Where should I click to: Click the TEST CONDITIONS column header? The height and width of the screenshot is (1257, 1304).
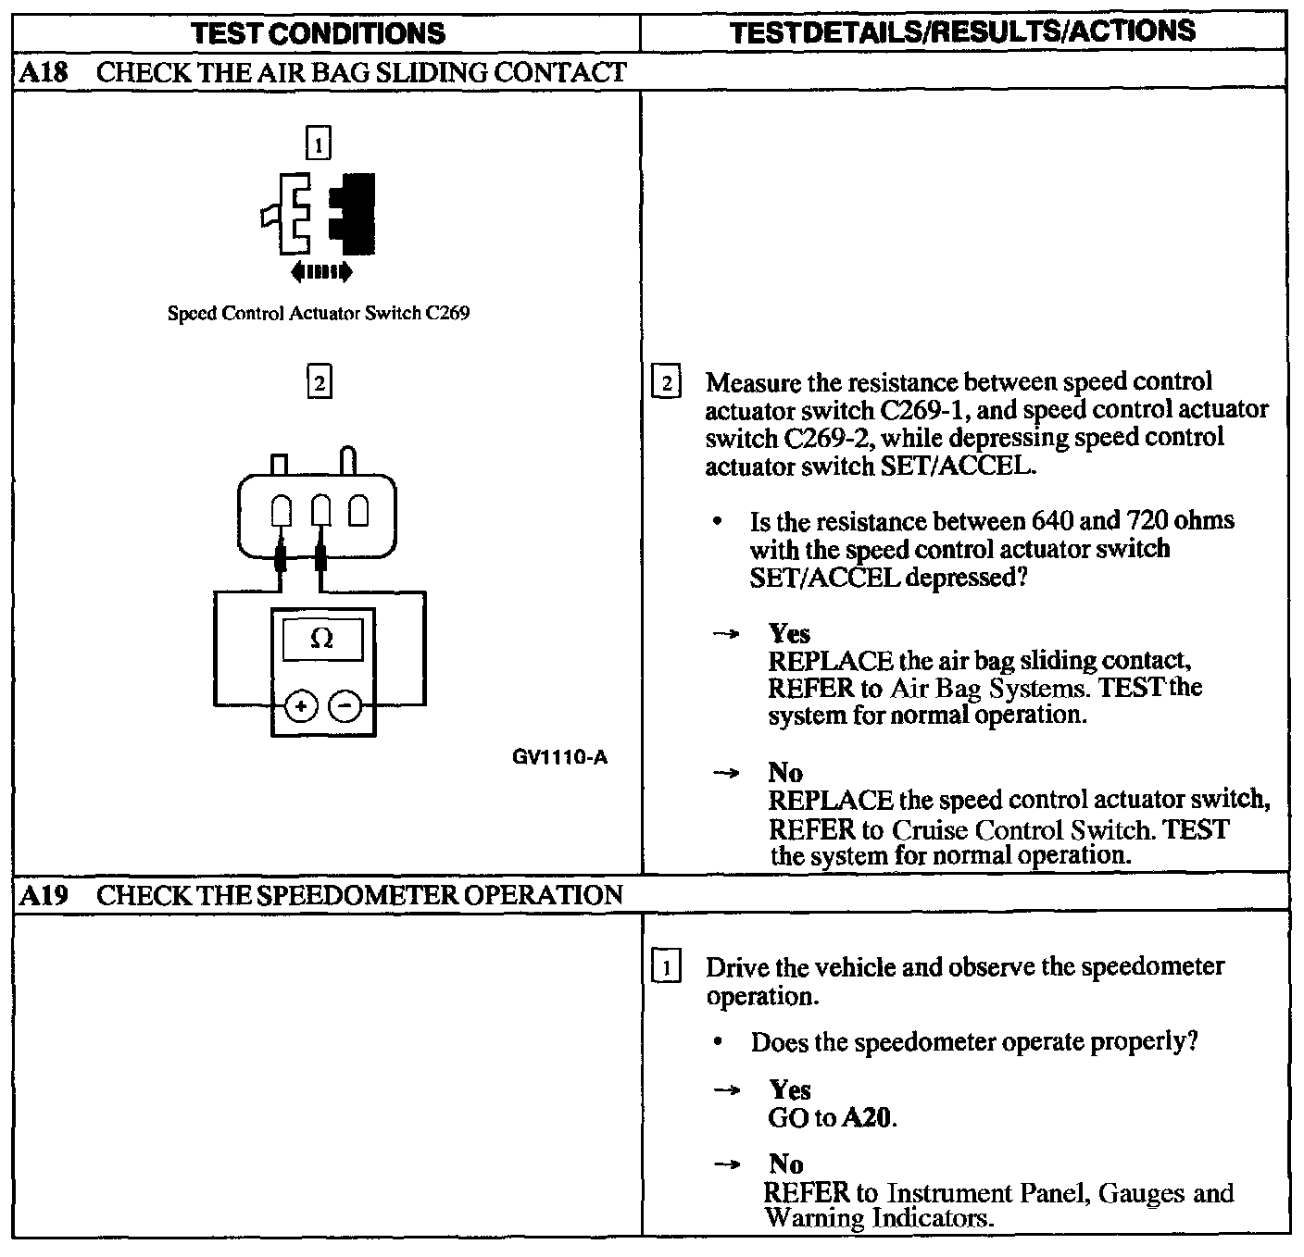pyautogui.click(x=318, y=33)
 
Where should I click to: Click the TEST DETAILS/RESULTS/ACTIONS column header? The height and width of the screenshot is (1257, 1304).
pyautogui.click(x=962, y=31)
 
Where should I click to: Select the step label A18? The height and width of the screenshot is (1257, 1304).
pyautogui.click(x=44, y=72)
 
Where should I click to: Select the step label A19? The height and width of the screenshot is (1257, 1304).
pyautogui.click(x=44, y=895)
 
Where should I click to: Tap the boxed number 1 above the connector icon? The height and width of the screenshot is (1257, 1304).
pyautogui.click(x=318, y=144)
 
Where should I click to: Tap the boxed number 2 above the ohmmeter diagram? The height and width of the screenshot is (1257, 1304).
pyautogui.click(x=318, y=382)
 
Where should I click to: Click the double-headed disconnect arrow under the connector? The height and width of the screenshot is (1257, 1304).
pyautogui.click(x=320, y=271)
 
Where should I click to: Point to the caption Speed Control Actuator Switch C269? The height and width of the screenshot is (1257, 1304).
pyautogui.click(x=318, y=313)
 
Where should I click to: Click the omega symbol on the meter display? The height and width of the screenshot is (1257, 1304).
pyautogui.click(x=321, y=639)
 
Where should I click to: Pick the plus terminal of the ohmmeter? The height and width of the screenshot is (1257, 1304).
pyautogui.click(x=300, y=706)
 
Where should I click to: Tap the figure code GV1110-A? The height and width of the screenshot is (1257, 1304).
pyautogui.click(x=559, y=757)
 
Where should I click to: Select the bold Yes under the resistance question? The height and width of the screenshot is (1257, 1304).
pyautogui.click(x=789, y=634)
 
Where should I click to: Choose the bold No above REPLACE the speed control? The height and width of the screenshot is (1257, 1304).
pyautogui.click(x=785, y=772)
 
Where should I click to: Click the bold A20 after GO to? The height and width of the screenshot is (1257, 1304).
pyautogui.click(x=869, y=1118)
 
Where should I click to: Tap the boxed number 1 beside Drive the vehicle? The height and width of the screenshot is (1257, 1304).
pyautogui.click(x=666, y=968)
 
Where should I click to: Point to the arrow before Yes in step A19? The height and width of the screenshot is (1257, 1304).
pyautogui.click(x=726, y=1090)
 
